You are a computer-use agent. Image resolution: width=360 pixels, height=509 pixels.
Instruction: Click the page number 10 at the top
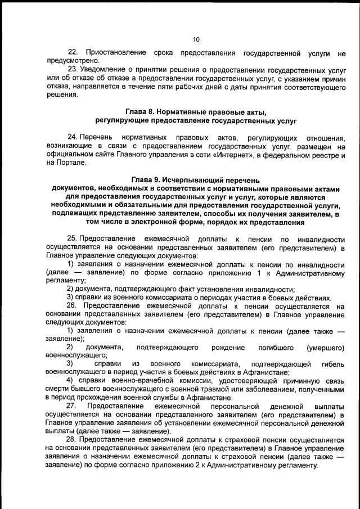point(196,39)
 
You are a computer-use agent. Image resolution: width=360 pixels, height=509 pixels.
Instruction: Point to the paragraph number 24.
point(72,138)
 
